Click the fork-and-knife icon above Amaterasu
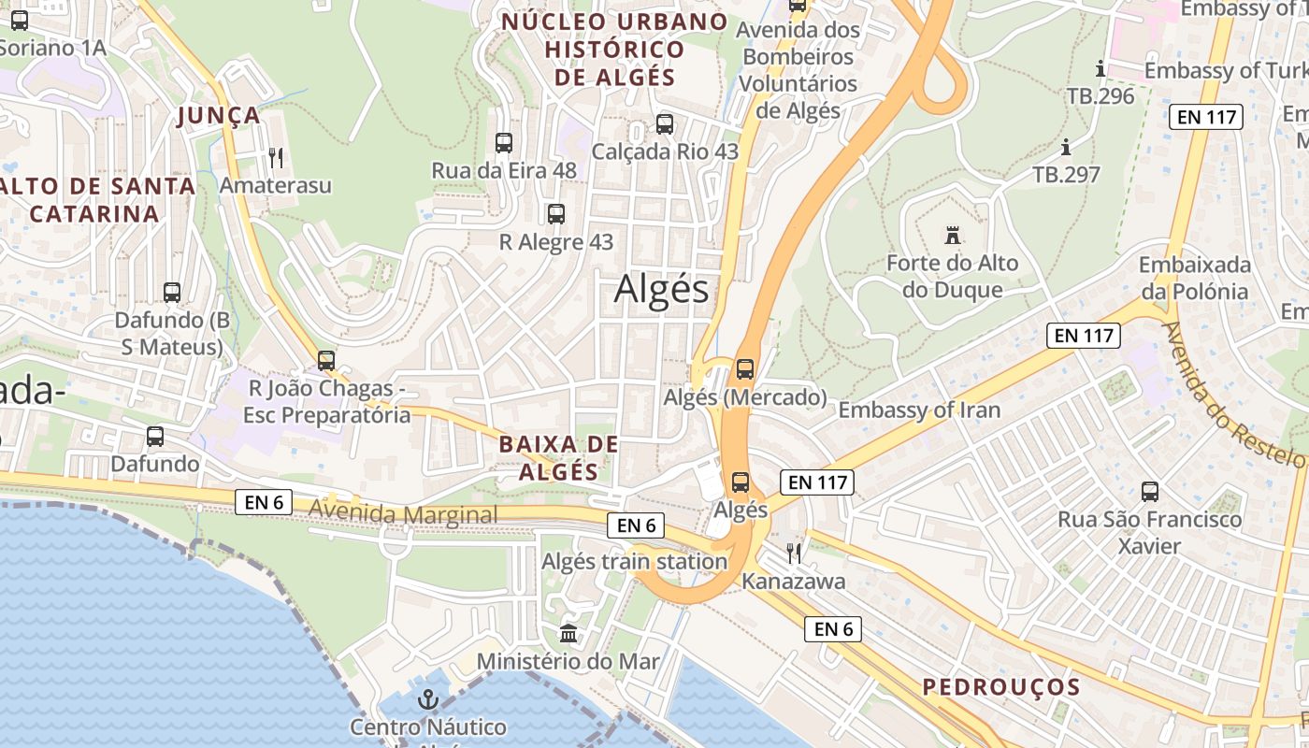point(275,157)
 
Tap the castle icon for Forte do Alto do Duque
point(953,235)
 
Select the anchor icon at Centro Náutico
point(427,698)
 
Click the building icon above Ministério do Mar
point(568,634)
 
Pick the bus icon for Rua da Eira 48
point(504,143)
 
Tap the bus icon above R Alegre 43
point(556,214)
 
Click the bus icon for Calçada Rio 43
point(665,123)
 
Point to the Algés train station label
point(634,561)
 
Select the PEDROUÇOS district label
point(1001,687)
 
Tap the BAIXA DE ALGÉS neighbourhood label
point(558,457)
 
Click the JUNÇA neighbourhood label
point(219,115)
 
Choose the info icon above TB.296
point(1100,68)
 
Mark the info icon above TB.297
point(1066,147)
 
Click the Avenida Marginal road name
point(403,514)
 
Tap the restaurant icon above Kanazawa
point(794,554)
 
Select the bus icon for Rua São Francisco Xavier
point(1150,491)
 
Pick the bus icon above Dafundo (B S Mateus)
point(172,292)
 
